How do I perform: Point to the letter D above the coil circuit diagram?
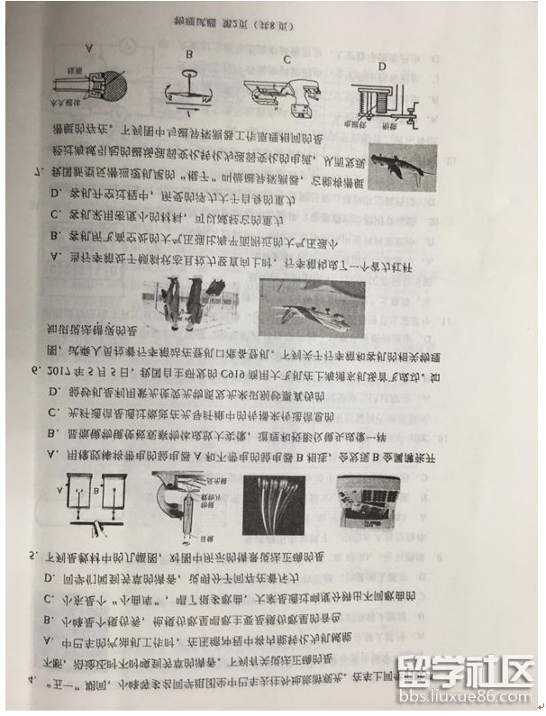[x=381, y=66]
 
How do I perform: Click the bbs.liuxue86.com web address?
[x=469, y=698]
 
